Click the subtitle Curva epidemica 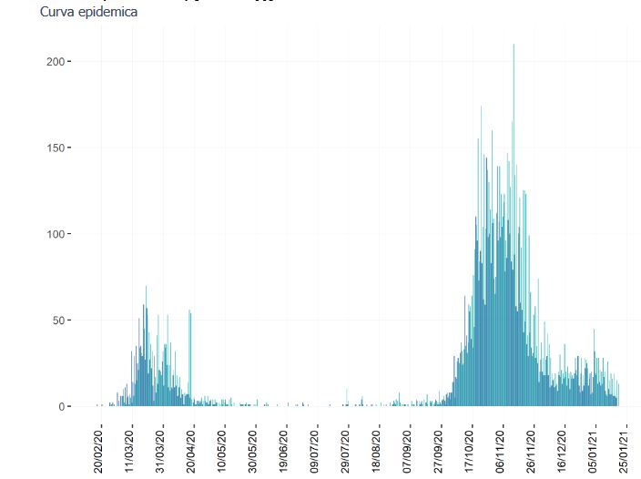[x=89, y=13]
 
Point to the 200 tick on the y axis [x=54, y=61]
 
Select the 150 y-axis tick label [x=54, y=148]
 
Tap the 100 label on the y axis [x=54, y=234]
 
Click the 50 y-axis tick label [x=56, y=321]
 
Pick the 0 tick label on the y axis [x=60, y=407]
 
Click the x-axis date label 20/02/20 [x=99, y=446]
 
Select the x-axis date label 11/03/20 [x=130, y=446]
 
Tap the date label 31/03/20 [x=161, y=446]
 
